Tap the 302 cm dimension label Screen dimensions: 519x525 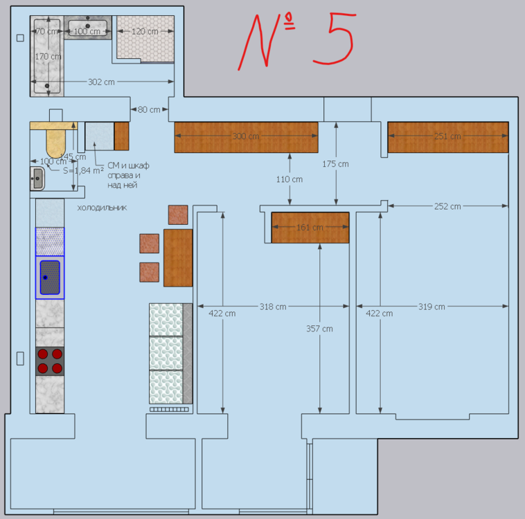[101, 82]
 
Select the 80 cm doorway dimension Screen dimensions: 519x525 [148, 109]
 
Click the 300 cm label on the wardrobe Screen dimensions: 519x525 [245, 136]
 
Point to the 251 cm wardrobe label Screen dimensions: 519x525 [447, 136]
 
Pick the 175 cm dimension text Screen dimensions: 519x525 [336, 164]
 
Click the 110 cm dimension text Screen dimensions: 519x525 [290, 179]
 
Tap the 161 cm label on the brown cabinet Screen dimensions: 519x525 [310, 228]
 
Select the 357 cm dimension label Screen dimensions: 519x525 [319, 329]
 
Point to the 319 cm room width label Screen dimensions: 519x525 [432, 306]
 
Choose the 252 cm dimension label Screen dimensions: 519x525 [447, 206]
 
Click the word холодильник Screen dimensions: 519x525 [102, 207]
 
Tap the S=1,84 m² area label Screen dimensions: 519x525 [83, 170]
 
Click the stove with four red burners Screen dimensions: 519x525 [50, 361]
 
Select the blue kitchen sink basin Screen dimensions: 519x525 [50, 277]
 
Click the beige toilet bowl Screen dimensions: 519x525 [55, 140]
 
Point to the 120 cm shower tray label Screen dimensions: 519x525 [145, 31]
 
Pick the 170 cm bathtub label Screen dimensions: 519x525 [48, 56]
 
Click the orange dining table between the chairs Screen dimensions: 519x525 [178, 257]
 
